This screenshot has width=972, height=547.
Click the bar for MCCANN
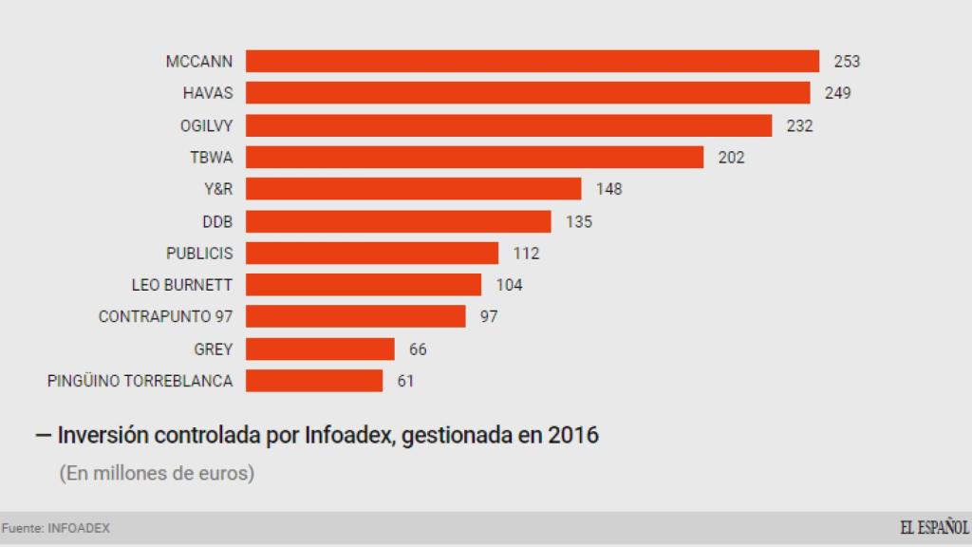pyautogui.click(x=533, y=61)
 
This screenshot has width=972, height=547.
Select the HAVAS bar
pyautogui.click(x=528, y=93)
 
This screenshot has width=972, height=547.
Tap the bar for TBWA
pyautogui.click(x=475, y=158)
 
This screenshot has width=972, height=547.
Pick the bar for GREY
pyautogui.click(x=320, y=349)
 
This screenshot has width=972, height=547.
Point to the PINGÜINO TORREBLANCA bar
pyautogui.click(x=314, y=382)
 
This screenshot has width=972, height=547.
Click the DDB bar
pyautogui.click(x=399, y=221)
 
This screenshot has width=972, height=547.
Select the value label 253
pyautogui.click(x=847, y=62)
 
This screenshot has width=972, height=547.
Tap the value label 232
pyautogui.click(x=800, y=125)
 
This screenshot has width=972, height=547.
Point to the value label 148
pyautogui.click(x=609, y=189)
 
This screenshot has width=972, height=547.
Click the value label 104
pyautogui.click(x=510, y=285)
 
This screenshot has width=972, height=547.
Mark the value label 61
pyautogui.click(x=405, y=382)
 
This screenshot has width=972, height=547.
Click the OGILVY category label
pyautogui.click(x=206, y=125)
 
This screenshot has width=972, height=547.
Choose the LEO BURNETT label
pyautogui.click(x=182, y=285)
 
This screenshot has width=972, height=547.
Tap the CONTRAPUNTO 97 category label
pyautogui.click(x=165, y=317)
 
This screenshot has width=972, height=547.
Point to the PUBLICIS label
pyautogui.click(x=199, y=254)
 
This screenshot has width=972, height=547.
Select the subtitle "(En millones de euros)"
pyautogui.click(x=157, y=473)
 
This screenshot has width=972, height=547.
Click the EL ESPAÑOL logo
pyautogui.click(x=934, y=528)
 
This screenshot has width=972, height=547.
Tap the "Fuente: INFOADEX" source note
pyautogui.click(x=55, y=529)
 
